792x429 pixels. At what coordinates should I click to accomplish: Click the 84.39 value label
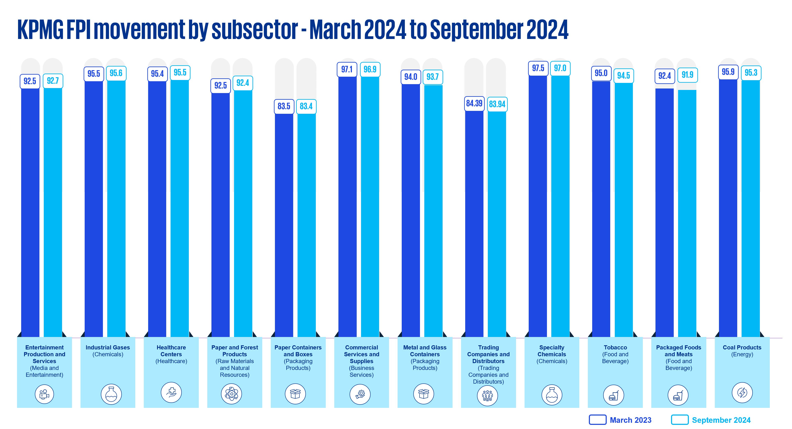pyautogui.click(x=474, y=103)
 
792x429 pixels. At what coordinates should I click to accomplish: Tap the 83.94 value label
pyautogui.click(x=497, y=104)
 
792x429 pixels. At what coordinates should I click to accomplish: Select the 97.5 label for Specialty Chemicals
pyautogui.click(x=538, y=68)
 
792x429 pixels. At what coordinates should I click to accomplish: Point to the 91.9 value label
pyautogui.click(x=687, y=75)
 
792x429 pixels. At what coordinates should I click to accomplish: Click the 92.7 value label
pyautogui.click(x=53, y=81)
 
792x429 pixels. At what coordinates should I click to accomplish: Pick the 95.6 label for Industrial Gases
pyautogui.click(x=116, y=73)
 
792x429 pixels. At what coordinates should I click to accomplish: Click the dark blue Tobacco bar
pyautogui.click(x=601, y=209)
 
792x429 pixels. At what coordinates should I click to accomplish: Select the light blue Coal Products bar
pyautogui.click(x=751, y=209)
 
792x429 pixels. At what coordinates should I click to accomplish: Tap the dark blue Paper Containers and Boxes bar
pyautogui.click(x=284, y=224)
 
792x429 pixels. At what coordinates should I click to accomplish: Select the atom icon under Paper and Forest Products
pyautogui.click(x=231, y=394)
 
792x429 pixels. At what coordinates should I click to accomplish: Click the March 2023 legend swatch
pyautogui.click(x=597, y=420)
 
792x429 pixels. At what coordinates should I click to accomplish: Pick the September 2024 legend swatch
pyautogui.click(x=680, y=420)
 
